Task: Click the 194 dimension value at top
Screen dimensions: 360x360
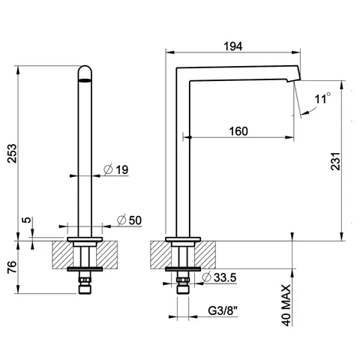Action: pos(233,46)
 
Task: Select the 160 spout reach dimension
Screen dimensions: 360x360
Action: pos(238,131)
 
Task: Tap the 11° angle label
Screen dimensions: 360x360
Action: pos(322,98)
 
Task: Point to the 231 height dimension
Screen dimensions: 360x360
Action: pos(336,161)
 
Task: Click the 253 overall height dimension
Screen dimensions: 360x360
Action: pos(12,154)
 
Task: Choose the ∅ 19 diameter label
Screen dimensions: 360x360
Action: pos(116,169)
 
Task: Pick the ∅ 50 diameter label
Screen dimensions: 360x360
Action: pos(129,220)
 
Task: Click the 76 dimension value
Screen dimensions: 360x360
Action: pos(12,267)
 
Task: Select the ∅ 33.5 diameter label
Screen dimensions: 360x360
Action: pos(219,277)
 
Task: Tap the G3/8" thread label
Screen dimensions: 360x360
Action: pos(223,311)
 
